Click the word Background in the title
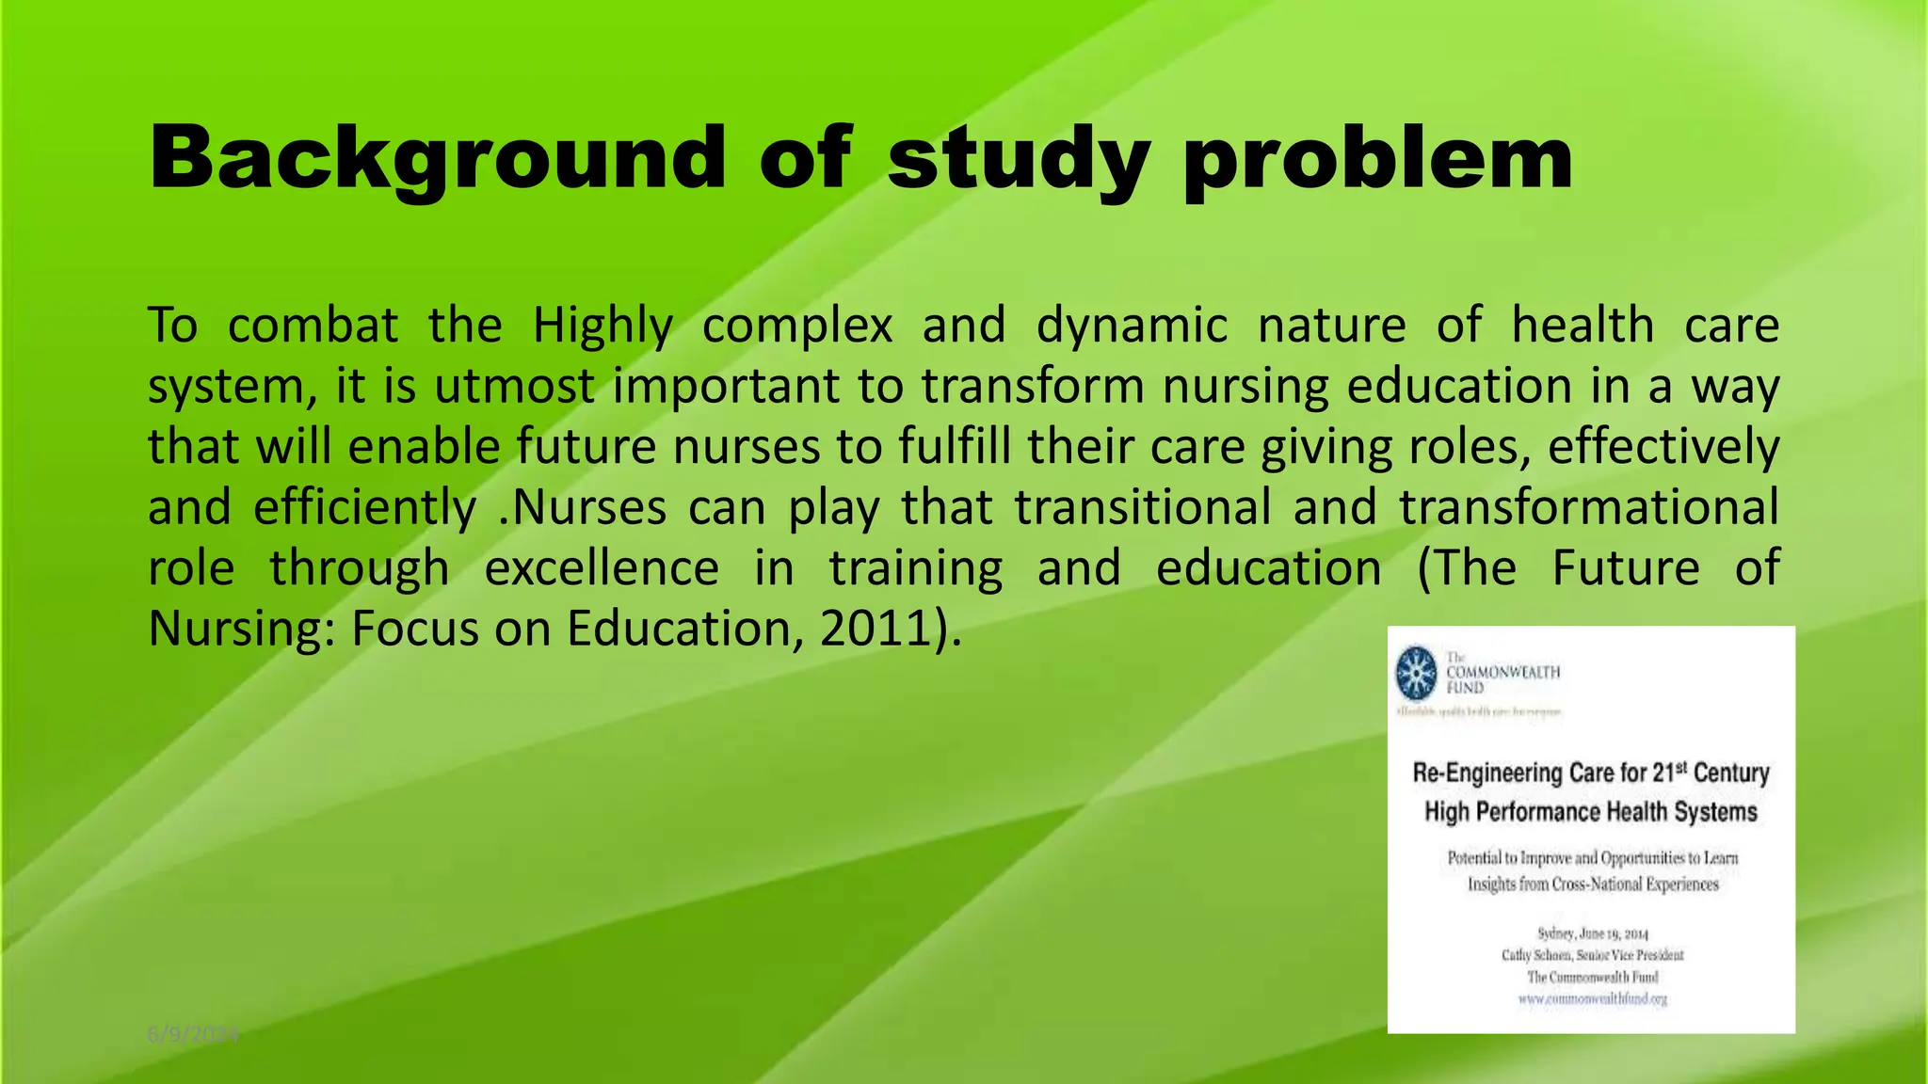pos(437,158)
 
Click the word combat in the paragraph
pos(313,326)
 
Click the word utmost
pos(514,387)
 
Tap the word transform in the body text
pos(1034,387)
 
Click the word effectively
pos(1663,448)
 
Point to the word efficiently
pos(364,508)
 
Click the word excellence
pos(602,568)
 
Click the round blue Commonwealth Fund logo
pos(1416,673)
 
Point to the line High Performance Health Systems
pos(1590,811)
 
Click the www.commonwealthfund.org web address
pos(1592,998)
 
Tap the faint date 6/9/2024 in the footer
pos(193,1035)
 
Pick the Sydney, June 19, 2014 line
pos(1592,933)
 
